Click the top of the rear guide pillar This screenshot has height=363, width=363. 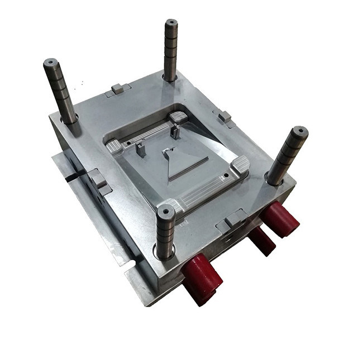point(171,23)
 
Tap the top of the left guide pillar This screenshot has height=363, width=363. point(51,63)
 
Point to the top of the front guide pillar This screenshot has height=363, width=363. point(166,211)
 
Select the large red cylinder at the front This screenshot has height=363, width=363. point(201,278)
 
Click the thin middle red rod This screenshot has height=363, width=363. point(261,240)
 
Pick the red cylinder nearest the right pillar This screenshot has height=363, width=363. point(281,218)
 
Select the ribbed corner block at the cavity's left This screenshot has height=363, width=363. point(114,147)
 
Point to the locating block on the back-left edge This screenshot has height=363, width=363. point(118,88)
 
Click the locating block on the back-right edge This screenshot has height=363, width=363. point(225,117)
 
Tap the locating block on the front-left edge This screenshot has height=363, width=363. point(98,179)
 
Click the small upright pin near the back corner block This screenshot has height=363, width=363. point(175,132)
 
